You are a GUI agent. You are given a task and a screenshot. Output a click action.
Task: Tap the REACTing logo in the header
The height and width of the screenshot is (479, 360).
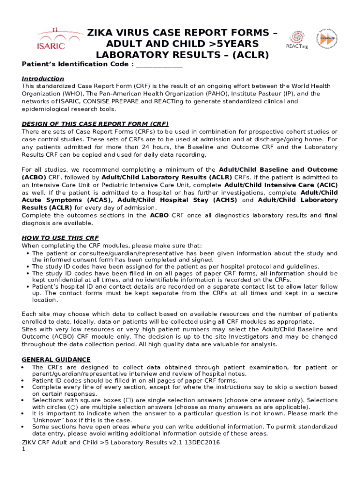(296, 39)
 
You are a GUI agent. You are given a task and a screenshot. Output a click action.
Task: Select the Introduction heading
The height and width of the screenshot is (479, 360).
(43, 79)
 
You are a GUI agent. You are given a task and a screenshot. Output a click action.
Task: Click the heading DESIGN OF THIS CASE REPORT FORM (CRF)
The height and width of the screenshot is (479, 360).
(95, 124)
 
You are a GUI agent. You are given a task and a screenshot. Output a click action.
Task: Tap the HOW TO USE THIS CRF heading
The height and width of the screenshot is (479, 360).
(60, 238)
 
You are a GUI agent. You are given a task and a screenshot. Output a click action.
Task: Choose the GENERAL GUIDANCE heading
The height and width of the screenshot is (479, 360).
(56, 360)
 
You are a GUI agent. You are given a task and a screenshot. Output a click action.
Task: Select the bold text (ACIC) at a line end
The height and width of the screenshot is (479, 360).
(327, 185)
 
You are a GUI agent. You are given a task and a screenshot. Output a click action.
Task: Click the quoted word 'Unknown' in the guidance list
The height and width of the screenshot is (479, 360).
(46, 420)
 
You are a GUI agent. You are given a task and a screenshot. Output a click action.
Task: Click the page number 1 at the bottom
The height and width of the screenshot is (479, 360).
(23, 449)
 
